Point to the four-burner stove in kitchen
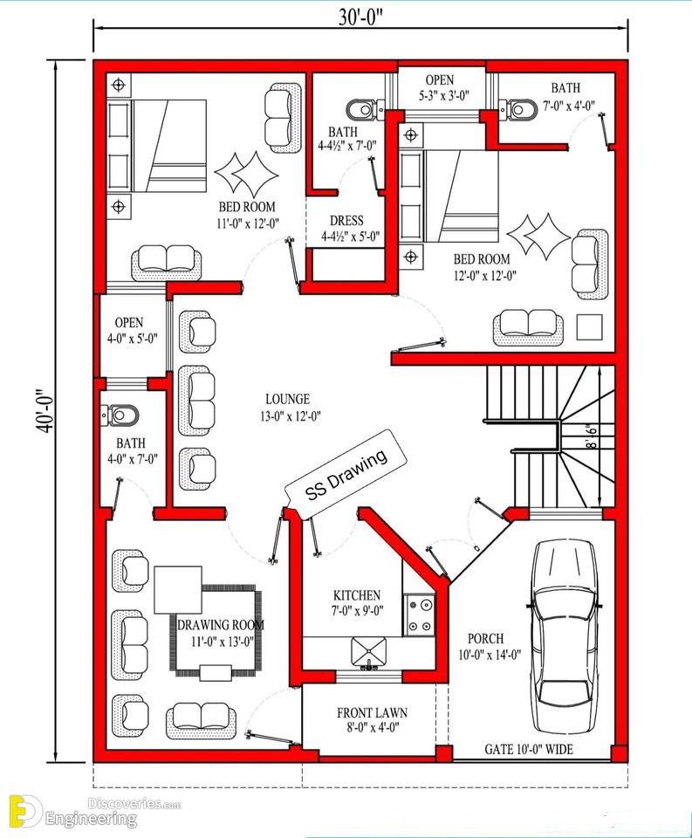click(420, 615)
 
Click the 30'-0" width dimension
click(360, 18)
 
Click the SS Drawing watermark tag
click(346, 474)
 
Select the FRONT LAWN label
click(372, 720)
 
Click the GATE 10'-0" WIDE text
click(529, 749)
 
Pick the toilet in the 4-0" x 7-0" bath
click(120, 416)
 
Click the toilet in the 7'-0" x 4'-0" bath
click(517, 109)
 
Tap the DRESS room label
click(350, 228)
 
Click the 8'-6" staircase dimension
click(593, 436)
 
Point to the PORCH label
click(490, 646)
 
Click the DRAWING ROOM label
click(221, 633)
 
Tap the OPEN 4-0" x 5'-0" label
click(132, 330)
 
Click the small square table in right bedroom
click(589, 327)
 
